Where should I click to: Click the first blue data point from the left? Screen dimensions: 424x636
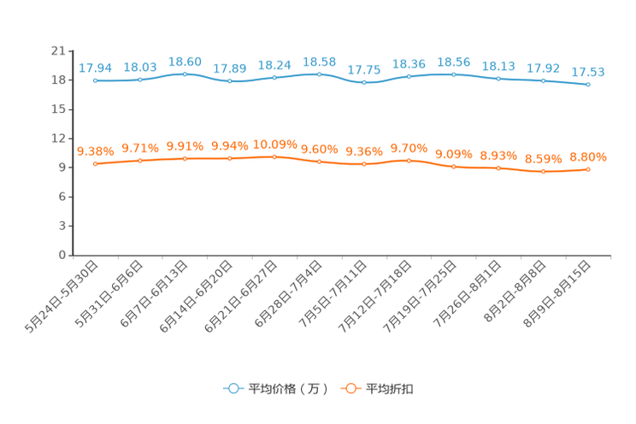[96, 80]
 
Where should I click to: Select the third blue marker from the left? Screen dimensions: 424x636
[185, 74]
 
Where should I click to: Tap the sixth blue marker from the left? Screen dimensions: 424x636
[320, 74]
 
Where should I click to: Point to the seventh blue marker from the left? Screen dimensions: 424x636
[364, 83]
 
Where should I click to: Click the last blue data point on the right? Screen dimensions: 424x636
[588, 84]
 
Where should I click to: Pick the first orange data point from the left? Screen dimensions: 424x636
[96, 163]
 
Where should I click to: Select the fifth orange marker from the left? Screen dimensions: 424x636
[274, 156]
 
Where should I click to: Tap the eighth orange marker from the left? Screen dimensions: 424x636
[409, 160]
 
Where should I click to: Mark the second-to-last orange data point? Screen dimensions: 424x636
[543, 171]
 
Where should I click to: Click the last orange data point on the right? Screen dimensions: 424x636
[588, 169]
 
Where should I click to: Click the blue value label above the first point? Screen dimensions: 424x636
[96, 68]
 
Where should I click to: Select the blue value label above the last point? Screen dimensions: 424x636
[588, 71]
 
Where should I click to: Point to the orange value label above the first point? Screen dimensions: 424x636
[96, 151]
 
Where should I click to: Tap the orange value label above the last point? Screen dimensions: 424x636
[588, 156]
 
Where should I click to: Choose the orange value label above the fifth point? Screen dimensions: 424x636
[274, 144]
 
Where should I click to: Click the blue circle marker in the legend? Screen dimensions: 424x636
[233, 388]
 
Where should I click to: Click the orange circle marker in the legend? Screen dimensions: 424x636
[350, 388]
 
